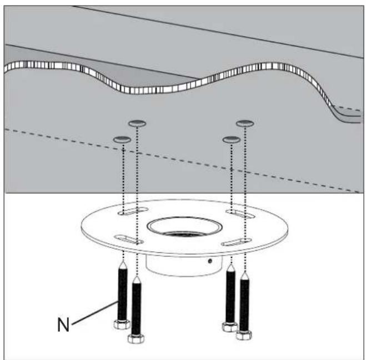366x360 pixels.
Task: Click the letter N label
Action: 63,324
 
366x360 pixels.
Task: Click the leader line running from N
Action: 95,313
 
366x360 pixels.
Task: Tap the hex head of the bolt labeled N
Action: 122,324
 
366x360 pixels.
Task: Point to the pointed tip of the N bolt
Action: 123,262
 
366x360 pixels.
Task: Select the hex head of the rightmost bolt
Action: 244,335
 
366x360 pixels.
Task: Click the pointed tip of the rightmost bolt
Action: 244,272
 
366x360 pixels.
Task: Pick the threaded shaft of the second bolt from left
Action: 136,308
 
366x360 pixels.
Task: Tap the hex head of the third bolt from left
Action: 230,327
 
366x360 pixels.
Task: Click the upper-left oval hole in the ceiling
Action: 138,123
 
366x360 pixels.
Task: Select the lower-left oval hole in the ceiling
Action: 122,139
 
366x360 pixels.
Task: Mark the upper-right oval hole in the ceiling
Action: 245,123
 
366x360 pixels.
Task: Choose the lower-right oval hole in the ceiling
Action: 231,139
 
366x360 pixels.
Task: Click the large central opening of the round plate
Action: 184,227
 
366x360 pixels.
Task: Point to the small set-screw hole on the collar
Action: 210,261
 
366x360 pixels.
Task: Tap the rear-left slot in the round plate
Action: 133,211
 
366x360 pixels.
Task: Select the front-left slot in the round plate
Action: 129,239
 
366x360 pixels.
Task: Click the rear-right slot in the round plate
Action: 240,214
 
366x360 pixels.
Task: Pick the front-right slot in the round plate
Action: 237,242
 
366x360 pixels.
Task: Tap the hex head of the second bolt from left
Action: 136,338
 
